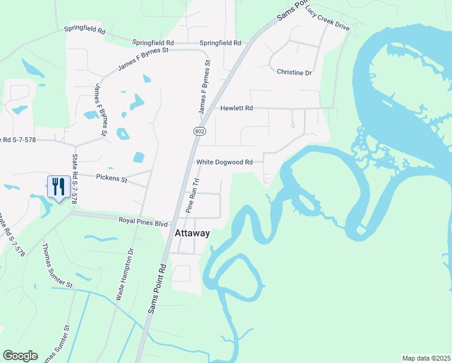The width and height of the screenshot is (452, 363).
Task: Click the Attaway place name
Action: pyautogui.click(x=192, y=233)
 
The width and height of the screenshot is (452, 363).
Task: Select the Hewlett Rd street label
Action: pyautogui.click(x=236, y=108)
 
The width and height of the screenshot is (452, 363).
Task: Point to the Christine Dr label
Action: pyautogui.click(x=294, y=73)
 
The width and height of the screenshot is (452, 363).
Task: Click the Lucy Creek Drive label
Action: pyautogui.click(x=328, y=22)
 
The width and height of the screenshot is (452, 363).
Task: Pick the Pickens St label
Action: pyautogui.click(x=112, y=178)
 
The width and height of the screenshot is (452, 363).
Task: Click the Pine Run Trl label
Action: pyautogui.click(x=192, y=195)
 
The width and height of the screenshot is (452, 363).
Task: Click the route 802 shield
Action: pyautogui.click(x=200, y=131)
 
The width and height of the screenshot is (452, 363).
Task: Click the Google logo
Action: pyautogui.click(x=20, y=356)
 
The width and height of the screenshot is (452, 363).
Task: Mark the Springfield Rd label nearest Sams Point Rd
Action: pyautogui.click(x=220, y=44)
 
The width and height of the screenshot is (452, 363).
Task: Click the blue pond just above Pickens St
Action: pyautogui.click(x=138, y=157)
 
